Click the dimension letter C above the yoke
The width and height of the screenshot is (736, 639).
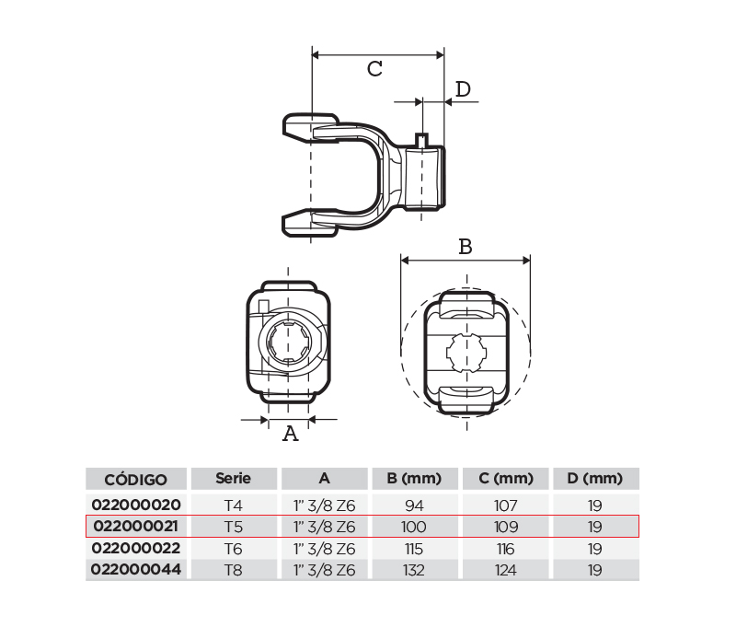tap(374, 69)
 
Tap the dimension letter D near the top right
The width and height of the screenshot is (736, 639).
tap(463, 88)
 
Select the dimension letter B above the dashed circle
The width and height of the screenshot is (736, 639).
tap(466, 247)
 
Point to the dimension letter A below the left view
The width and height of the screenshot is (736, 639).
tap(291, 433)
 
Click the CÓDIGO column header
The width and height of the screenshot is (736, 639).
tap(135, 479)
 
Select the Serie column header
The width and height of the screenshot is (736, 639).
tap(234, 478)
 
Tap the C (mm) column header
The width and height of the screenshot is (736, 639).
tap(506, 478)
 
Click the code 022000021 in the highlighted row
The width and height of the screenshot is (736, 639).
tap(135, 526)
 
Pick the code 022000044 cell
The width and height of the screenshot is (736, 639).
tap(135, 569)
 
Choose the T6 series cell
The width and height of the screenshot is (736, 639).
tap(234, 549)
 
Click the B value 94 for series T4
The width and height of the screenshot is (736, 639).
tap(414, 505)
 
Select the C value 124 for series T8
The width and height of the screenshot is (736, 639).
tap(505, 570)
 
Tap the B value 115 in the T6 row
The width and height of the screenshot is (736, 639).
tap(413, 549)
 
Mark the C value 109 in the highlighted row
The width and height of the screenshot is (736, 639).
tap(506, 527)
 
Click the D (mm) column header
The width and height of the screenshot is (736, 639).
tap(594, 478)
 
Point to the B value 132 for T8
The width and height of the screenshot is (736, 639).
tap(413, 570)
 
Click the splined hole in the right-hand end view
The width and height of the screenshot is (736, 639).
tap(466, 353)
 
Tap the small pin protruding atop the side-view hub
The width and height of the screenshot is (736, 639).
tap(421, 141)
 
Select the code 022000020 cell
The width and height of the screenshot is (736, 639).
tap(136, 505)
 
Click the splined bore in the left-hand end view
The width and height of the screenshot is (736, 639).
tap(288, 342)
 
